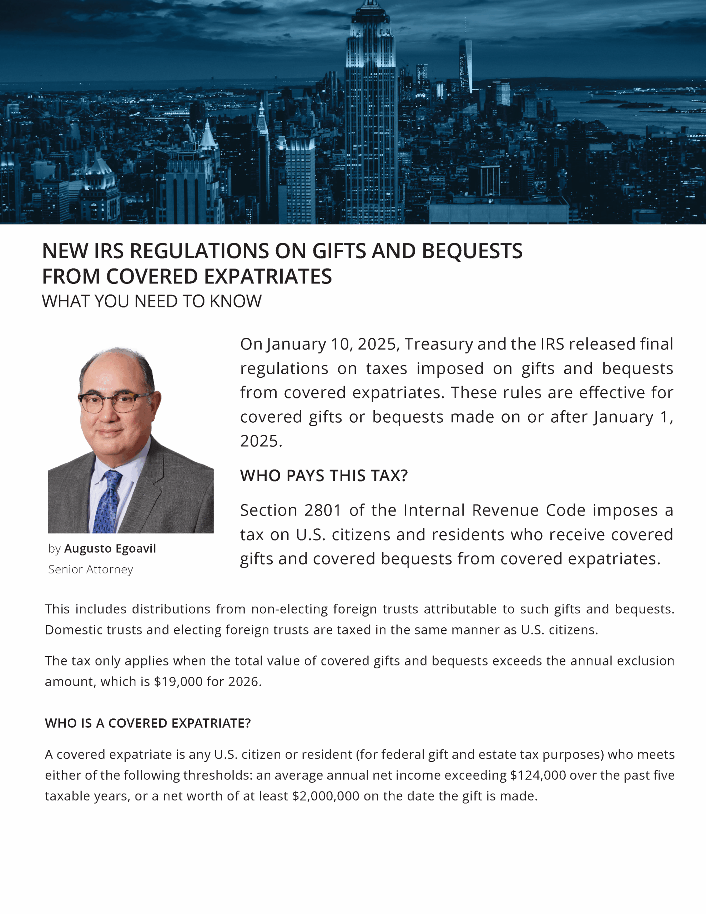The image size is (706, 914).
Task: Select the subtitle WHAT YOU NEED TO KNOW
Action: [x=151, y=301]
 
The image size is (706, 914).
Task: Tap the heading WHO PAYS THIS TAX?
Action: [x=323, y=476]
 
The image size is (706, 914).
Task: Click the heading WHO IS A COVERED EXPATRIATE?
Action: [x=148, y=723]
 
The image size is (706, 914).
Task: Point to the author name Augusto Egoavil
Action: [x=110, y=549]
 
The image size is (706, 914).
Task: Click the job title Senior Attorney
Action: [x=91, y=569]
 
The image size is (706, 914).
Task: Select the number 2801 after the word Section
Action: [x=322, y=510]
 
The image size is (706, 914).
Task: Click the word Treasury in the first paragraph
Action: [x=439, y=344]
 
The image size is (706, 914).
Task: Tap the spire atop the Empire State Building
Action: [x=370, y=3]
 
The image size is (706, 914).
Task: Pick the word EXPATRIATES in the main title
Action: [x=268, y=277]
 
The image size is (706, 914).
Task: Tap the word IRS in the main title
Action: [x=109, y=251]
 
